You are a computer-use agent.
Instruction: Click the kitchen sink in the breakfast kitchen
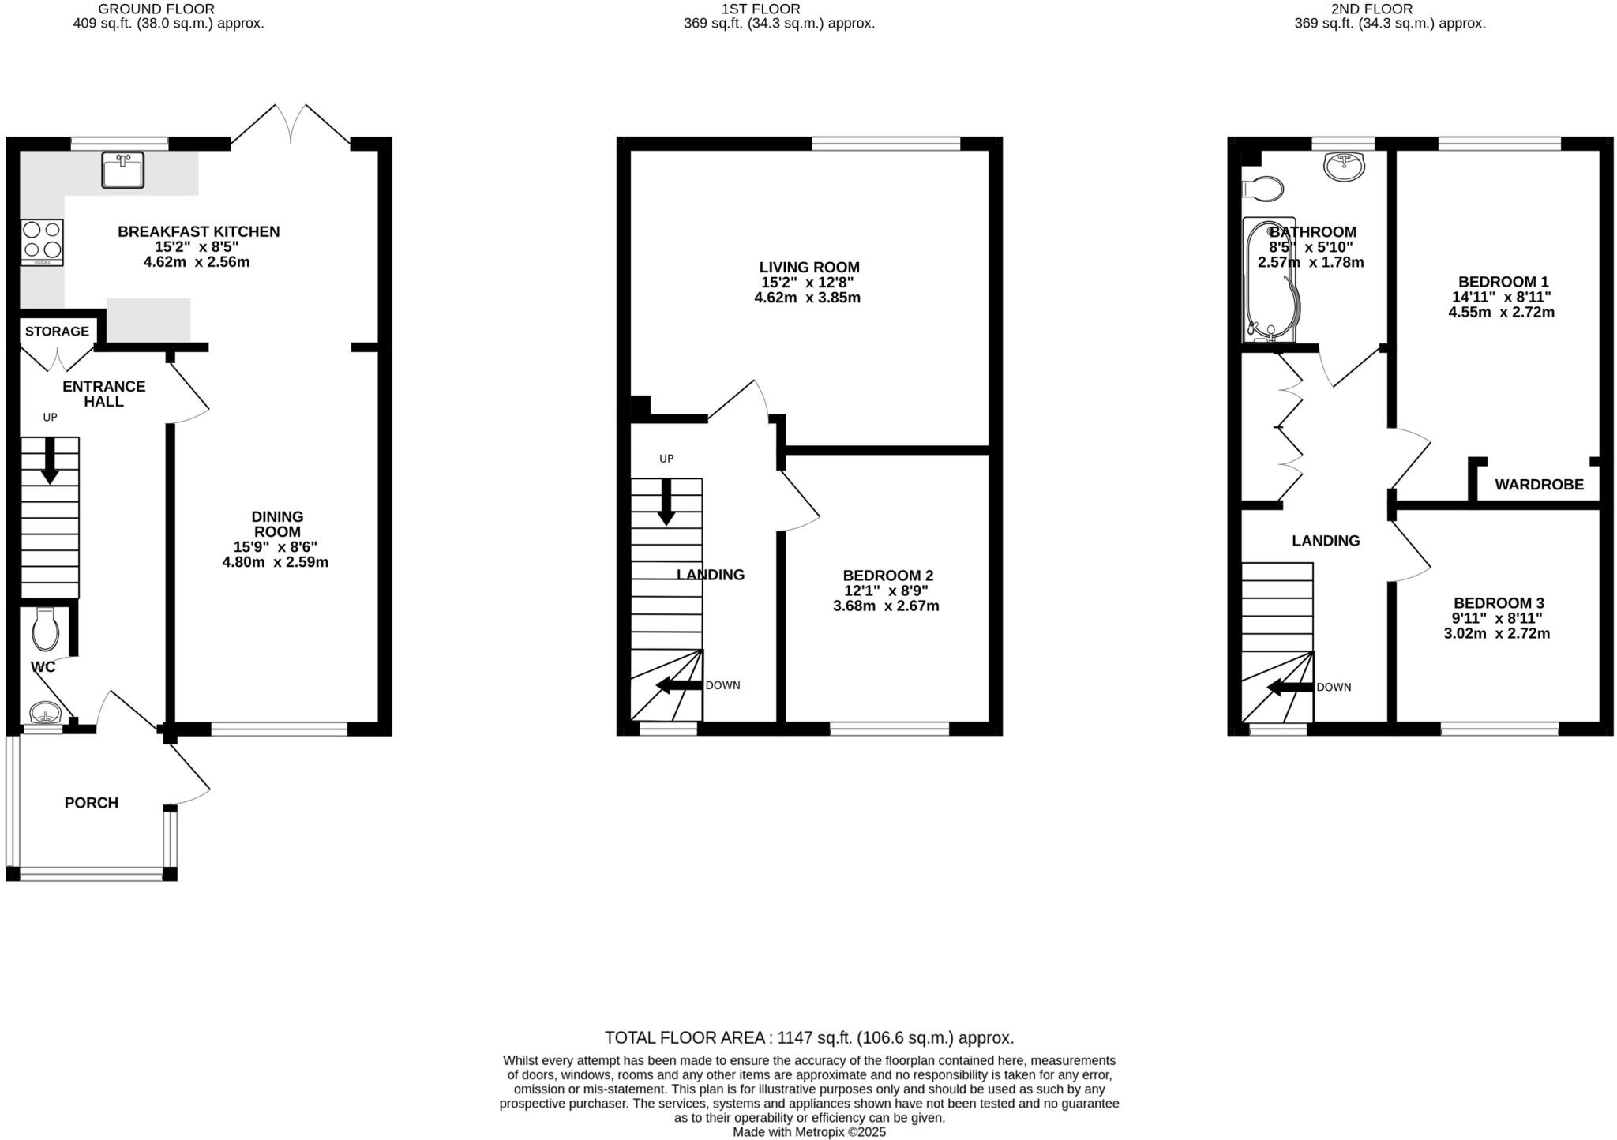[122, 170]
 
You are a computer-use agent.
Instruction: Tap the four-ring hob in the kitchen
[42, 241]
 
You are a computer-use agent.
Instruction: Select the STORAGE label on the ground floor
[57, 331]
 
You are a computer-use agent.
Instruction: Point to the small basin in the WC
[46, 714]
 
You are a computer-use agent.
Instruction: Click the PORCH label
[92, 803]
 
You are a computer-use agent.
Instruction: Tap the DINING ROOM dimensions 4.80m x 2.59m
[275, 562]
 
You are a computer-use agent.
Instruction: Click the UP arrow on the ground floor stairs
[50, 460]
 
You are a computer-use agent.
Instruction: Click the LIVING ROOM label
[809, 268]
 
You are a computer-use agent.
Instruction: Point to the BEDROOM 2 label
[887, 576]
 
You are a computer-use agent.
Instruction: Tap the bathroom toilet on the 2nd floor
[1263, 189]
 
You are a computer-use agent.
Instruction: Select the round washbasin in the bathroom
[1344, 166]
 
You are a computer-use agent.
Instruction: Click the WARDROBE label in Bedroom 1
[1539, 485]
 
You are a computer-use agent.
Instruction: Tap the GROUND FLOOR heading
[156, 9]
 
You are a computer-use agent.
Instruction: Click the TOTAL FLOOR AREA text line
[808, 1037]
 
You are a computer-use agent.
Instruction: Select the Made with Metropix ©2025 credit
[808, 1132]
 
